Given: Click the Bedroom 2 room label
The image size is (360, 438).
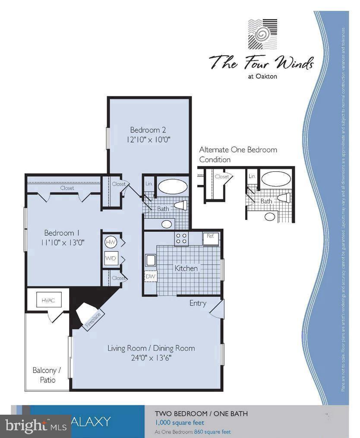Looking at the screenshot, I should [148, 130].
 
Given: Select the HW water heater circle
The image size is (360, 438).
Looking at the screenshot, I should [110, 242].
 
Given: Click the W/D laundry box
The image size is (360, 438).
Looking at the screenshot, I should [110, 259].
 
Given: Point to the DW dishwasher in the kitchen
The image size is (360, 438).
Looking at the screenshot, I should [150, 276].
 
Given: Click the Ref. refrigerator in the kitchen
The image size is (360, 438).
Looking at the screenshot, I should [211, 238].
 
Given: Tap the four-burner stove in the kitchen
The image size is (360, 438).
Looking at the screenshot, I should [181, 238].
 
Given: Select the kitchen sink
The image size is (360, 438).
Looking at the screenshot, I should [151, 260].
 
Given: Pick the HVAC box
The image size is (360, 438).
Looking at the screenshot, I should [48, 300].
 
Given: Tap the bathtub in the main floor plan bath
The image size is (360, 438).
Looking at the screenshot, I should [173, 187].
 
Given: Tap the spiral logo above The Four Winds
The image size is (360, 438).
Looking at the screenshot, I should [262, 34].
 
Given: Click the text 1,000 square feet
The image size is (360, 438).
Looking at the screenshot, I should [180, 422].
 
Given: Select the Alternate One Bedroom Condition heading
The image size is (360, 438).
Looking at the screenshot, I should [238, 154].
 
